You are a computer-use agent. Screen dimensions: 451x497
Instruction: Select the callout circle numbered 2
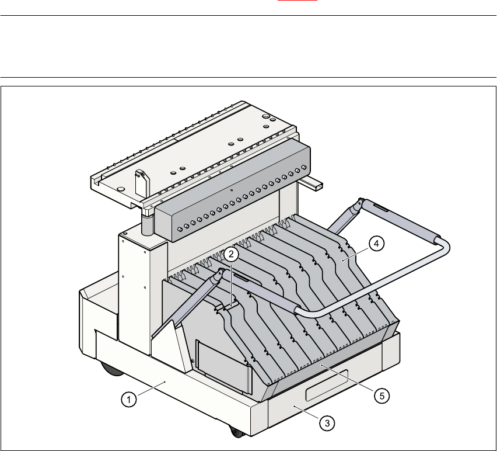231,254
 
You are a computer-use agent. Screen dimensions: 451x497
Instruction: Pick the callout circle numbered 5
381,396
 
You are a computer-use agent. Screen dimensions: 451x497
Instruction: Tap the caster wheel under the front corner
236,432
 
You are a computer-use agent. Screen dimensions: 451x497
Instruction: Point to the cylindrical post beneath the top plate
147,223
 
